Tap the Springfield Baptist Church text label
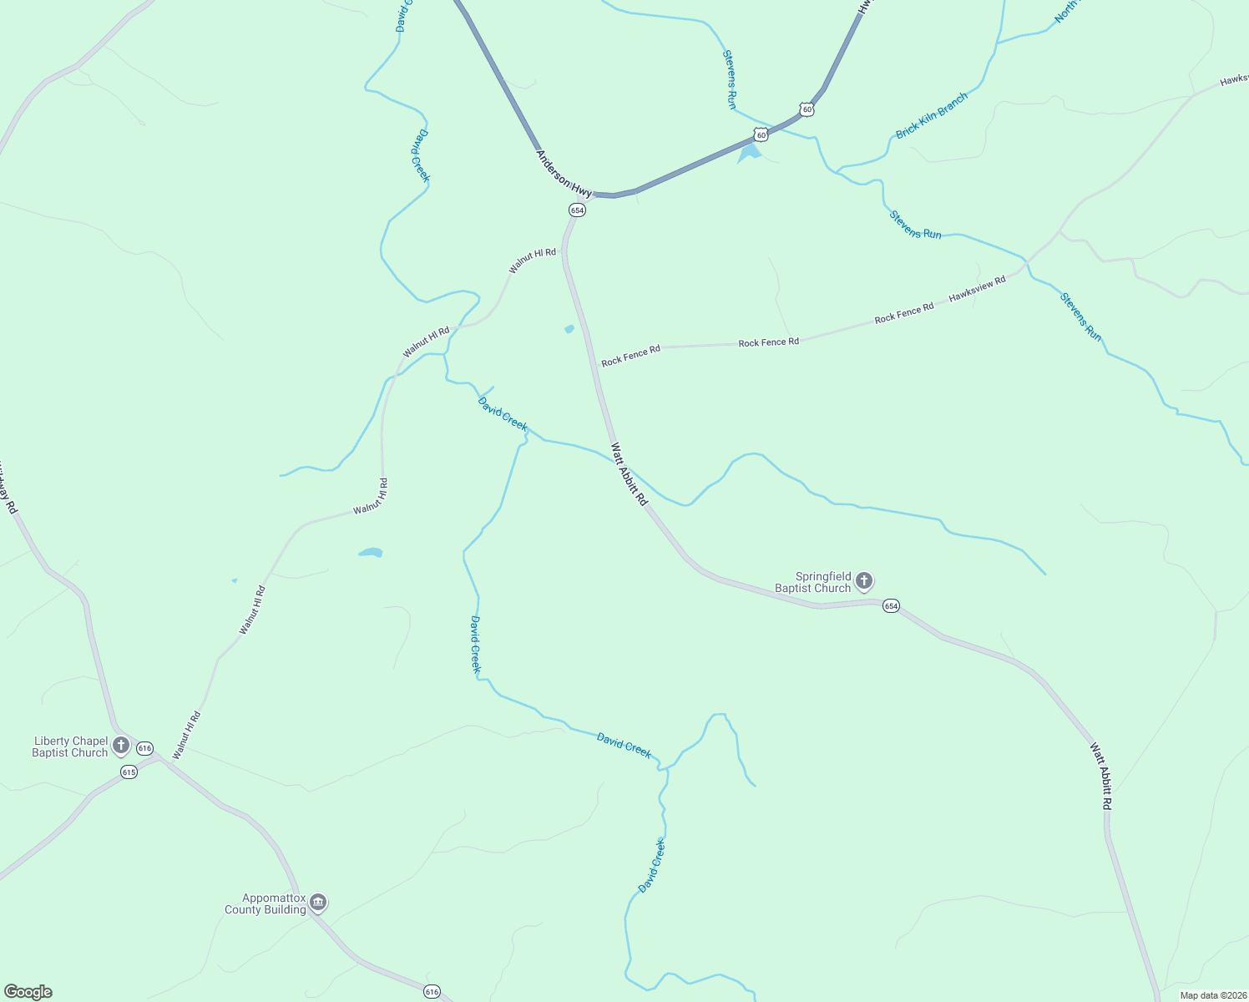click(x=812, y=583)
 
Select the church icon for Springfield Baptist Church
click(x=864, y=580)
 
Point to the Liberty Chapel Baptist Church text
click(x=70, y=747)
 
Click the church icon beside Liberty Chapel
click(x=121, y=744)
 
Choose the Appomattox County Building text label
click(x=265, y=904)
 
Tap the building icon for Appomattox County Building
click(x=318, y=903)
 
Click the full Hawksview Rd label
click(x=977, y=289)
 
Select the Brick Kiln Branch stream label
click(x=932, y=116)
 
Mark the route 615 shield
click(x=129, y=772)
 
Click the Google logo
click(x=28, y=992)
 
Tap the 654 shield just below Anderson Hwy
click(x=577, y=210)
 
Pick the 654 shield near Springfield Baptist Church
click(x=891, y=606)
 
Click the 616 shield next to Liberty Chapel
click(x=145, y=748)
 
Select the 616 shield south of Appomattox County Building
click(x=431, y=992)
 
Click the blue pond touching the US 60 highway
click(x=750, y=153)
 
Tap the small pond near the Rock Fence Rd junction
click(x=569, y=329)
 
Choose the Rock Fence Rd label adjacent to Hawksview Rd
click(x=904, y=313)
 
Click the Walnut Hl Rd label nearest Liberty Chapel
click(x=187, y=735)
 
